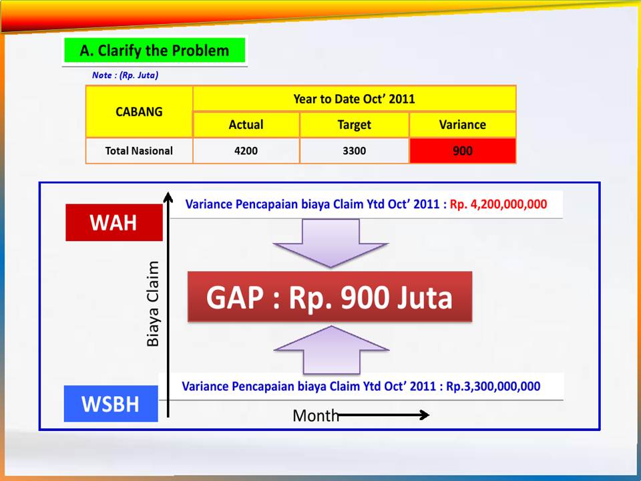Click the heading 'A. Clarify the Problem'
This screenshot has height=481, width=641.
click(x=154, y=51)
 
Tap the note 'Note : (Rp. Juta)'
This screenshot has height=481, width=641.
click(x=125, y=75)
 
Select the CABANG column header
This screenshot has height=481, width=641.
click(x=139, y=112)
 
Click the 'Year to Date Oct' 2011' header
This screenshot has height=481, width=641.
click(x=354, y=99)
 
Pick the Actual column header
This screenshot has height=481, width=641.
click(x=246, y=125)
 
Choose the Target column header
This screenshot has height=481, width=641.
click(x=354, y=125)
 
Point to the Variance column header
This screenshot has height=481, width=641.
click(x=462, y=125)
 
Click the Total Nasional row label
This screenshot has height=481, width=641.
click(x=139, y=151)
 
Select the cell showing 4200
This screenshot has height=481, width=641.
click(x=246, y=151)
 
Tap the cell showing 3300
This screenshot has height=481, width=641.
click(x=354, y=151)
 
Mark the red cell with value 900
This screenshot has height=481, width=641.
click(x=462, y=151)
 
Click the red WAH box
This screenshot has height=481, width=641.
click(x=114, y=222)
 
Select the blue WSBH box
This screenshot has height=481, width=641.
click(x=111, y=404)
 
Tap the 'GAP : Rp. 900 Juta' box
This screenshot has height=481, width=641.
click(x=330, y=297)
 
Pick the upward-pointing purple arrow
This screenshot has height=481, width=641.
click(x=331, y=349)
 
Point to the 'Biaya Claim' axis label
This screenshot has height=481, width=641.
click(x=154, y=303)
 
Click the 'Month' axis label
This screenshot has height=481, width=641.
click(x=316, y=416)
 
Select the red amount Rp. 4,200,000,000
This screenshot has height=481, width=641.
click(x=498, y=204)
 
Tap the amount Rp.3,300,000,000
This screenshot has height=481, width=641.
click(x=493, y=386)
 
